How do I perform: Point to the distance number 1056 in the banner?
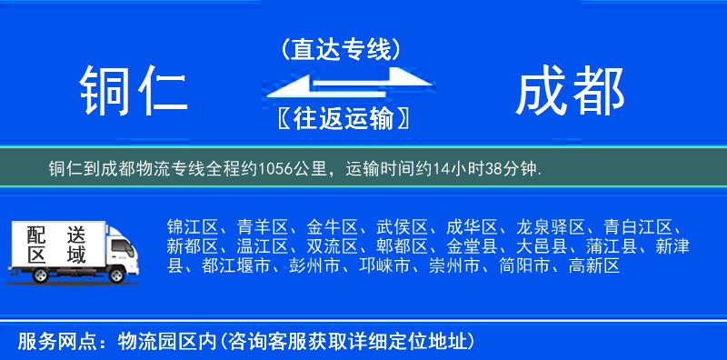click(279, 169)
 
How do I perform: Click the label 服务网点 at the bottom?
click(45, 341)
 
